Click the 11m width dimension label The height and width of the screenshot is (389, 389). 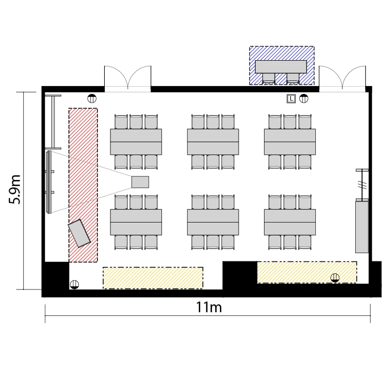pyautogui.click(x=209, y=307)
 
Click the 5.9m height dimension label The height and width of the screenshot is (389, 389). pyautogui.click(x=15, y=189)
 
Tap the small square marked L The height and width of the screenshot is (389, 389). pyautogui.click(x=291, y=99)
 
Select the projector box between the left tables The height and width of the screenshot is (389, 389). pyautogui.click(x=140, y=182)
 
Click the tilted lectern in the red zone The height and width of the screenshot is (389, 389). pyautogui.click(x=79, y=233)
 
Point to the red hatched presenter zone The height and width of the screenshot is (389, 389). pyautogui.click(x=83, y=185)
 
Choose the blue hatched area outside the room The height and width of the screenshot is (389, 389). pyautogui.click(x=282, y=65)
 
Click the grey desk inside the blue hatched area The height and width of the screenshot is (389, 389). pyautogui.click(x=281, y=66)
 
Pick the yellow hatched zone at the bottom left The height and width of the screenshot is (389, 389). pyautogui.click(x=153, y=278)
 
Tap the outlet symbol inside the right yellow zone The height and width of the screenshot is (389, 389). pyautogui.click(x=335, y=277)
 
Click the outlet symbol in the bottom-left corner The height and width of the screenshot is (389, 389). pyautogui.click(x=74, y=285)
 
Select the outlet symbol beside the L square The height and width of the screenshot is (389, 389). pyautogui.click(x=303, y=99)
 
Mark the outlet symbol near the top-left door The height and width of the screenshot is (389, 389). pyautogui.click(x=92, y=99)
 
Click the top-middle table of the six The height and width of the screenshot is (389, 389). pyautogui.click(x=213, y=142)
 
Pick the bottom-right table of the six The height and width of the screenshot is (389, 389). pyautogui.click(x=290, y=223)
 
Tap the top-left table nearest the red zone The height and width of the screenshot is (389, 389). pyautogui.click(x=136, y=142)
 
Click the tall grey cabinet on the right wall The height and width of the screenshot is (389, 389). pyautogui.click(x=362, y=227)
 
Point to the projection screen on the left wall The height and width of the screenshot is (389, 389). pyautogui.click(x=49, y=182)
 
